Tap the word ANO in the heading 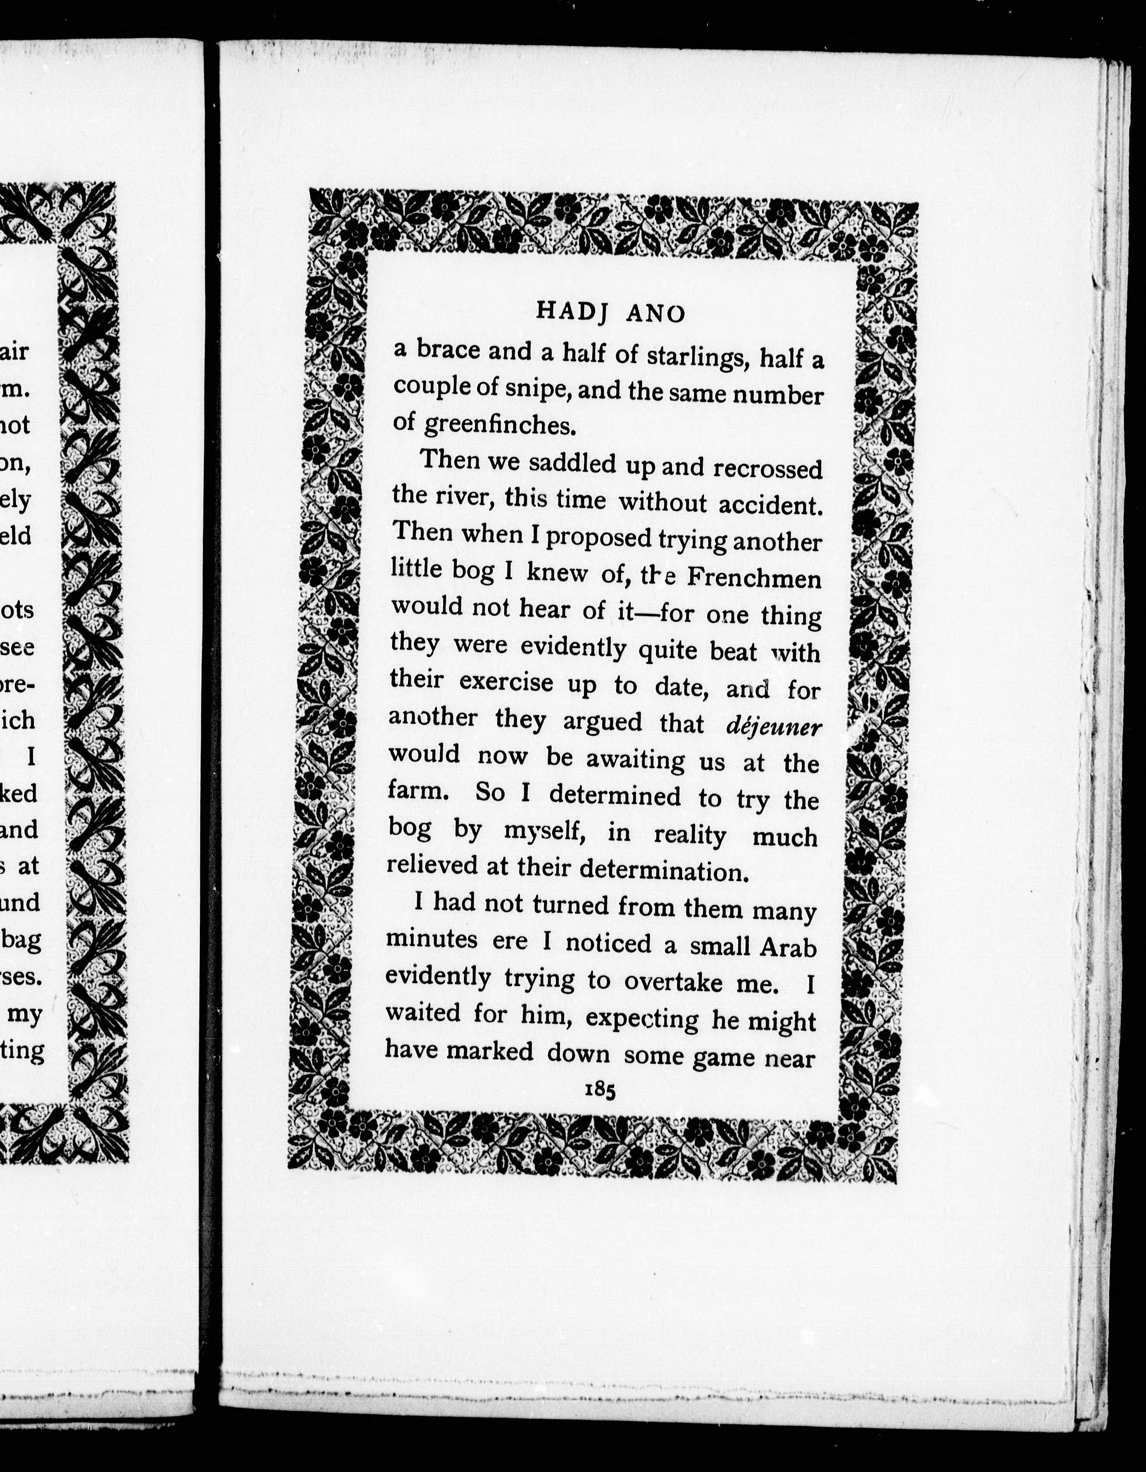coord(656,314)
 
